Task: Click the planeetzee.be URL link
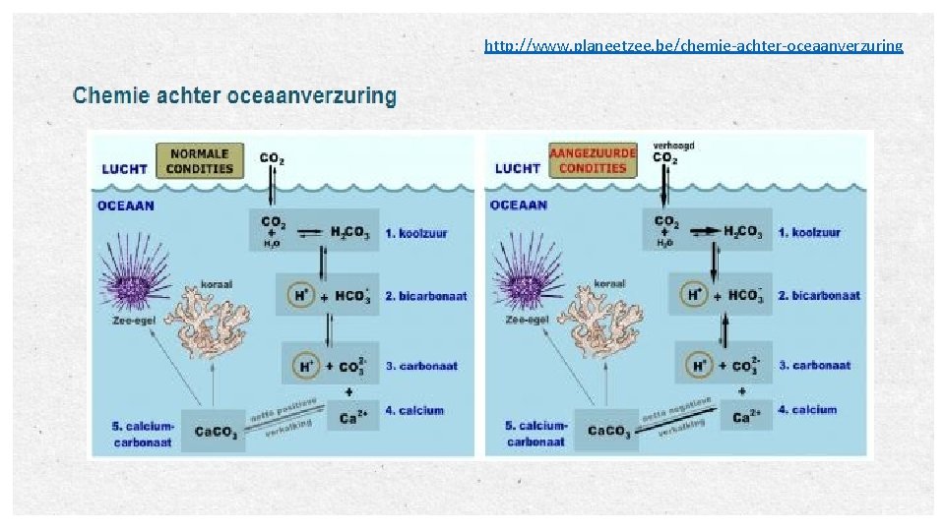(693, 45)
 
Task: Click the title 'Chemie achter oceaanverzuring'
(234, 96)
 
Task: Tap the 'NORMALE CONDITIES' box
(200, 161)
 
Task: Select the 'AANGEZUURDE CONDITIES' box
(593, 161)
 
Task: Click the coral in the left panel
(210, 320)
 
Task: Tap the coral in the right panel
(601, 320)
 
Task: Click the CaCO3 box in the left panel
(213, 430)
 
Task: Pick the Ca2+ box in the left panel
(349, 415)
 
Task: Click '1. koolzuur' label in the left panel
(416, 233)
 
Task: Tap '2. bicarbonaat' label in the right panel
(819, 295)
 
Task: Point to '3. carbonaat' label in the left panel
(421, 366)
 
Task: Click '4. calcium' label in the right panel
(808, 410)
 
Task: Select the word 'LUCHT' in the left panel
(124, 168)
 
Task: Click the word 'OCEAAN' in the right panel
(519, 206)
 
